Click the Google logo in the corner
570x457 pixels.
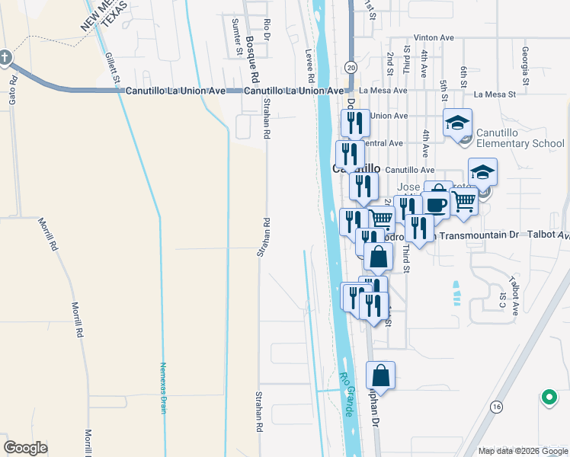(x=26, y=448)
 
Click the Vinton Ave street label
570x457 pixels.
(x=433, y=37)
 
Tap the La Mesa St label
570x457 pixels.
(x=495, y=94)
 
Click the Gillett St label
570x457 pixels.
(x=113, y=68)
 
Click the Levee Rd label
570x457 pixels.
(x=310, y=66)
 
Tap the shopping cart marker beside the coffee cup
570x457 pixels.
(x=463, y=201)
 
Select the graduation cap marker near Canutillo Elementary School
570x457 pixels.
(x=458, y=123)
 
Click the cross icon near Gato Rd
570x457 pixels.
(x=5, y=57)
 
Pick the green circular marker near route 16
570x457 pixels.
(x=547, y=397)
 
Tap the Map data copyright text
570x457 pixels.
(x=522, y=451)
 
